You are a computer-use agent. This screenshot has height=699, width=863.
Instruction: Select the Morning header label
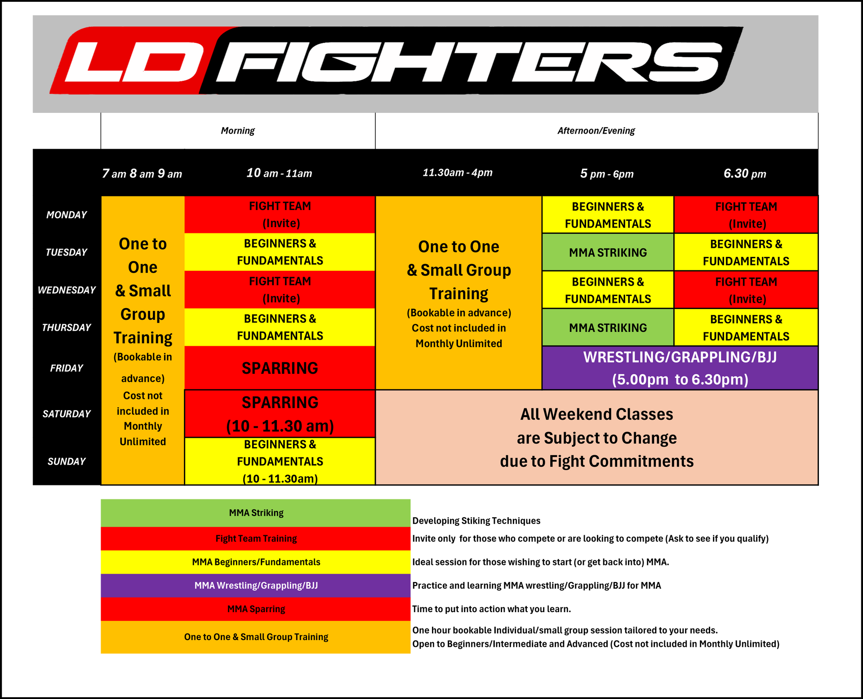(238, 131)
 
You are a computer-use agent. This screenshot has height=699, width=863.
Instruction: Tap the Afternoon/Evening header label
(596, 131)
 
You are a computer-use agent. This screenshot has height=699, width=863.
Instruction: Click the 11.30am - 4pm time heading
(458, 173)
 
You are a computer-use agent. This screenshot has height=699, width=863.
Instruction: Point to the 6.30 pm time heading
(745, 174)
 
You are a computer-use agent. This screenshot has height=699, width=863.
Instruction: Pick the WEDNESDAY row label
(67, 290)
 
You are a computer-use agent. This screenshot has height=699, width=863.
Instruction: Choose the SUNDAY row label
(67, 462)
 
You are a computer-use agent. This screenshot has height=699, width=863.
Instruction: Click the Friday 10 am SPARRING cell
(280, 368)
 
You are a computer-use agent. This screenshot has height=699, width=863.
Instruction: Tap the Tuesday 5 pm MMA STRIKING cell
(608, 252)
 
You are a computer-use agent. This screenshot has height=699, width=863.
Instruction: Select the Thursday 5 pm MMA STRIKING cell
(608, 327)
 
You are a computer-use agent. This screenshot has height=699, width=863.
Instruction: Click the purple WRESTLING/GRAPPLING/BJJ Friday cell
(680, 368)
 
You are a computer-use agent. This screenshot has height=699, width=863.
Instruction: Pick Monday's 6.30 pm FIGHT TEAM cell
(746, 215)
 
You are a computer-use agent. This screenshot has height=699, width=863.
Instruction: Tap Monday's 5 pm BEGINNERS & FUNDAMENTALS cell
(608, 215)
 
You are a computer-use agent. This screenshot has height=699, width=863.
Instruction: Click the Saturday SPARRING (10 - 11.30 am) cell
(280, 414)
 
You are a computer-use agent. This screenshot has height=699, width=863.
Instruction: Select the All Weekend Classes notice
(596, 438)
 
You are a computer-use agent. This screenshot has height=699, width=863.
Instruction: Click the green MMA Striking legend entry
(255, 513)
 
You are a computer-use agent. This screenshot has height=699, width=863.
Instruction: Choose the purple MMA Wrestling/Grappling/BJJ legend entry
(255, 586)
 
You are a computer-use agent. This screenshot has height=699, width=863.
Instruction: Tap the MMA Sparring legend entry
(255, 609)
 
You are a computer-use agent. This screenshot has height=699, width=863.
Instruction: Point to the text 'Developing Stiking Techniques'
(476, 521)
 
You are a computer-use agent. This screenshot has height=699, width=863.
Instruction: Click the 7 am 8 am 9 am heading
(142, 174)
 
